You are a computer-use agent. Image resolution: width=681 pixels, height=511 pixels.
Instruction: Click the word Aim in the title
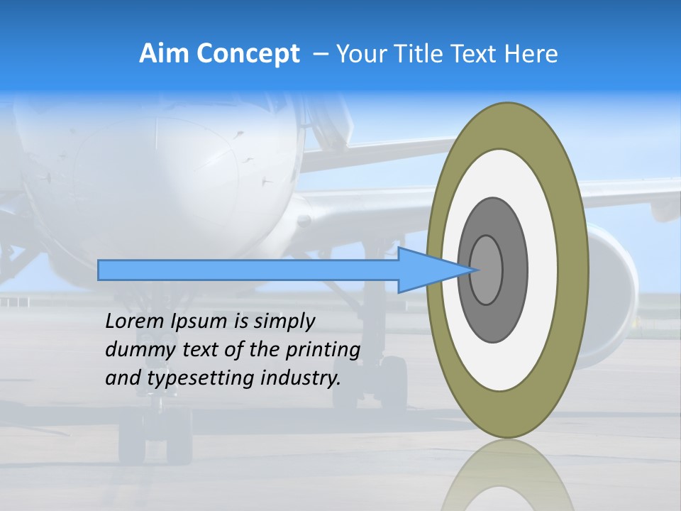[164, 53]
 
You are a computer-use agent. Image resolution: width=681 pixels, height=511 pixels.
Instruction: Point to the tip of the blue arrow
[474, 270]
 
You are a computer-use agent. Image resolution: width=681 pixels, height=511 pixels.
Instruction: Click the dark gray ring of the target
[514, 270]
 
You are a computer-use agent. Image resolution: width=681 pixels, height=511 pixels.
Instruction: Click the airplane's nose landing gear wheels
[155, 441]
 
